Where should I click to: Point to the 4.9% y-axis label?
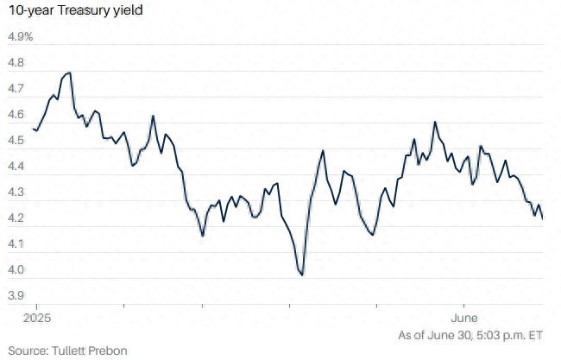point(20,38)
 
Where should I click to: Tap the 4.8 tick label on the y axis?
point(16,64)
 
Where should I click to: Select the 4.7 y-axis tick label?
point(16,90)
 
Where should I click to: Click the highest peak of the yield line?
point(68,73)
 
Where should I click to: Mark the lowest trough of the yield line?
point(301,275)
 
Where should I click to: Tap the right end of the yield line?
point(542,218)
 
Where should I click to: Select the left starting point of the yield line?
point(33,129)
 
